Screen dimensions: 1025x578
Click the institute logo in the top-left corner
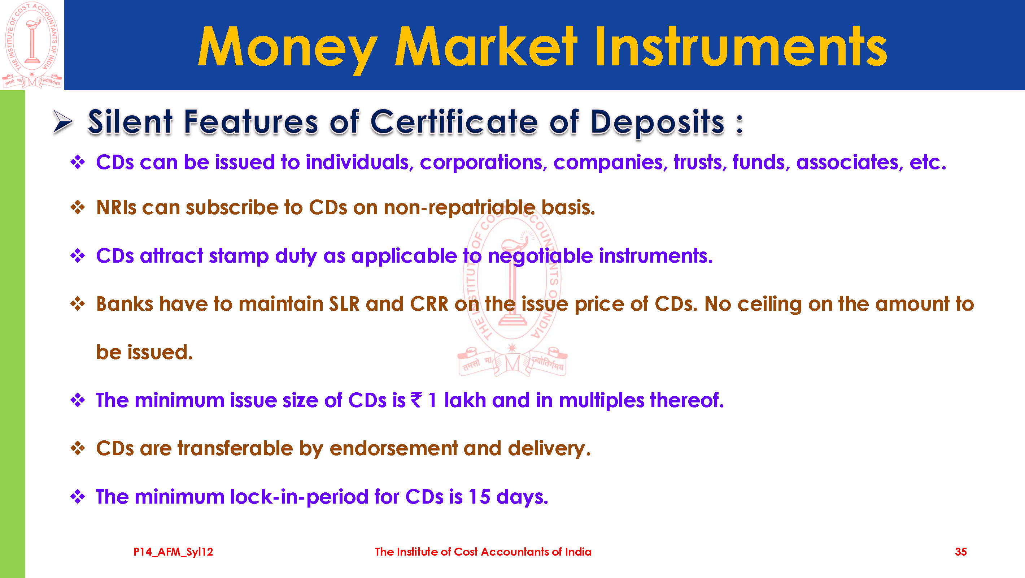tap(32, 45)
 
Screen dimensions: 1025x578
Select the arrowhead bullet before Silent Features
tap(63, 121)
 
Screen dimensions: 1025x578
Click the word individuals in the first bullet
tap(360, 163)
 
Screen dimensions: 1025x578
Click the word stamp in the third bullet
tap(239, 256)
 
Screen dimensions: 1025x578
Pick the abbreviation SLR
tap(344, 304)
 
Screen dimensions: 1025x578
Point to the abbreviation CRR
tap(429, 304)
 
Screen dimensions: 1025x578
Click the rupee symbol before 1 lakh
tap(416, 400)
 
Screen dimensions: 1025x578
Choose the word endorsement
tap(393, 449)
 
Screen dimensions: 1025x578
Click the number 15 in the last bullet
tap(479, 497)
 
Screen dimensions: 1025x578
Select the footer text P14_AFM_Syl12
tap(173, 552)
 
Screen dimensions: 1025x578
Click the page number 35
tap(960, 552)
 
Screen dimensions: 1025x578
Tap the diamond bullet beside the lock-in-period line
tap(78, 497)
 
